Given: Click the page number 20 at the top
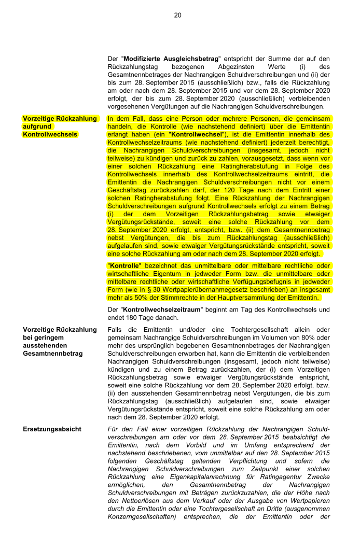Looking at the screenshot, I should click(177, 15).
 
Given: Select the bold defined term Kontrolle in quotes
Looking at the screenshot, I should click(124, 265).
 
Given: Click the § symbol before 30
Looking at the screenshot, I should click(146, 290).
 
